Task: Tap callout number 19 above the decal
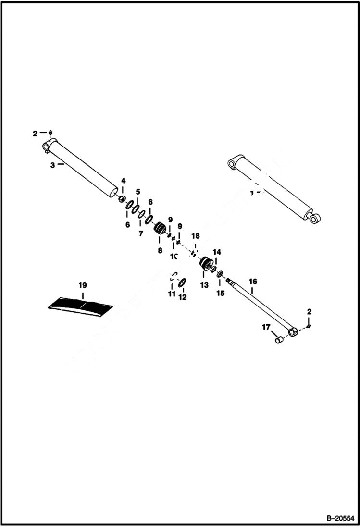coord(83,284)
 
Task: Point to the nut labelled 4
coord(123,198)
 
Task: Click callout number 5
coord(137,192)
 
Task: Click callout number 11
coord(172,294)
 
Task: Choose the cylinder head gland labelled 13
coord(207,264)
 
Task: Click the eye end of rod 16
coord(292,331)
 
